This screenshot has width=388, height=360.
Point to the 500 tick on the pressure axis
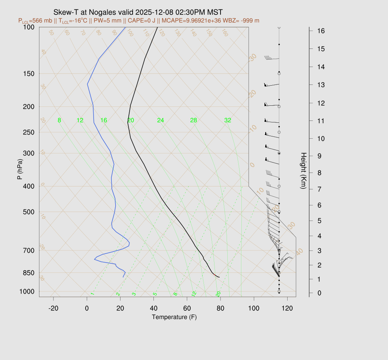pos(29,212)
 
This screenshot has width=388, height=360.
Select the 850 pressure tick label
pos(29,273)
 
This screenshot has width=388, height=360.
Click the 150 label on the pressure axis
pos(29,74)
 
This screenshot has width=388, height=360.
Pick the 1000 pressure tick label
pos(27,291)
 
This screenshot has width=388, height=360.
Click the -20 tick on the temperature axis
pos(53,308)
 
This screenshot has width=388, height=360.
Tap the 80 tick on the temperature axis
pos(220,308)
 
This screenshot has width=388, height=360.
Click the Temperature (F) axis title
pos(174,317)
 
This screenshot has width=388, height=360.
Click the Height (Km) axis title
pos(303,171)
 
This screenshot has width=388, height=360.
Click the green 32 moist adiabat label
pos(227,121)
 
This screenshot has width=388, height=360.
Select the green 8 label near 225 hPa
pos(59,121)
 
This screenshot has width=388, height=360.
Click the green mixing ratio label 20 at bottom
pos(218,294)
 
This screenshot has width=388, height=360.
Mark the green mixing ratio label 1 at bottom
pos(92,294)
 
